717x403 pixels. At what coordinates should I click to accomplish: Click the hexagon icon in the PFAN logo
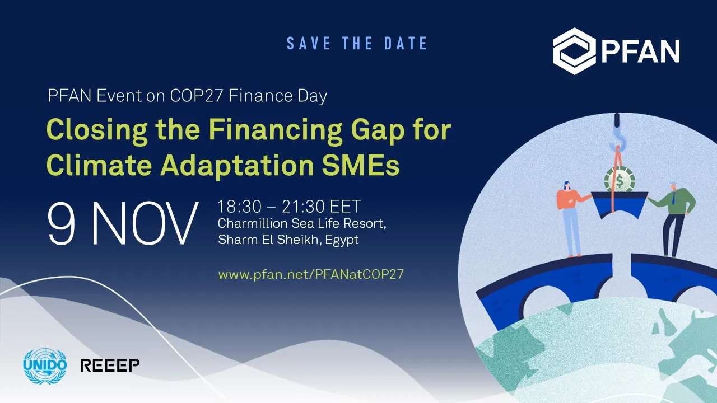pyautogui.click(x=575, y=51)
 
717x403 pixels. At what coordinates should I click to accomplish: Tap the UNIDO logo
pyautogui.click(x=45, y=366)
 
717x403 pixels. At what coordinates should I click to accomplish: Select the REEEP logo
pyautogui.click(x=110, y=365)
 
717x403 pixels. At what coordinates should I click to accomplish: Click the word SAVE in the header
pyautogui.click(x=309, y=43)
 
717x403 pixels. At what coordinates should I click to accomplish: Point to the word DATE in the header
pyautogui.click(x=406, y=43)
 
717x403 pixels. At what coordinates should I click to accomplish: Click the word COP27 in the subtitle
pyautogui.click(x=196, y=96)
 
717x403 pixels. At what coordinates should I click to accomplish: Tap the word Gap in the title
pyautogui.click(x=378, y=131)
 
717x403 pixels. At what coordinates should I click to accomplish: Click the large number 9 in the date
pyautogui.click(x=62, y=223)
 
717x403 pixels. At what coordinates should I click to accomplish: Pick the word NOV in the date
pyautogui.click(x=145, y=223)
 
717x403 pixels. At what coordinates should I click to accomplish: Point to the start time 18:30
pyautogui.click(x=239, y=207)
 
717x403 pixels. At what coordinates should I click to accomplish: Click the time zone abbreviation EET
pyautogui.click(x=346, y=207)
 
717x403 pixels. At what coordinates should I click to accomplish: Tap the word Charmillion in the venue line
pyautogui.click(x=253, y=223)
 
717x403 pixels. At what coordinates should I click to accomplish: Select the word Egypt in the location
pyautogui.click(x=342, y=240)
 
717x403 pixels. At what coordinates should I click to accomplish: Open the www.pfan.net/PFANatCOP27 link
pyautogui.click(x=311, y=274)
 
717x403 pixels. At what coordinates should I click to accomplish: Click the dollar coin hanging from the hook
pyautogui.click(x=620, y=180)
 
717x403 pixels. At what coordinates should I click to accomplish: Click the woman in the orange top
pyautogui.click(x=572, y=219)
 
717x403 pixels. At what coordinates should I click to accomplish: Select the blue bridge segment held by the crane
pyautogui.click(x=620, y=205)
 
